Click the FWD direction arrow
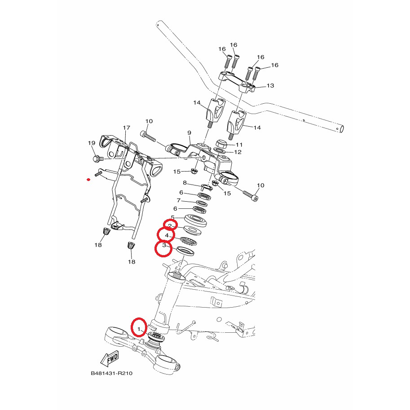click(x=110, y=359)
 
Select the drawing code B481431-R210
click(x=112, y=373)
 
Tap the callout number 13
click(x=270, y=85)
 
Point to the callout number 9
click(x=190, y=133)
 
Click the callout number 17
click(x=127, y=128)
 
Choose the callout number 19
click(x=92, y=143)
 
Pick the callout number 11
click(x=239, y=145)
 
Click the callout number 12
click(x=238, y=152)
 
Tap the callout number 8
click(x=185, y=182)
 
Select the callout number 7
click(x=179, y=200)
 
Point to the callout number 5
click(x=172, y=217)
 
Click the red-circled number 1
click(x=139, y=329)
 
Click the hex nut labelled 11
click(x=222, y=144)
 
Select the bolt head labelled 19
click(x=96, y=159)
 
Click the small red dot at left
click(x=88, y=180)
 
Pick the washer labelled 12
click(x=220, y=151)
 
